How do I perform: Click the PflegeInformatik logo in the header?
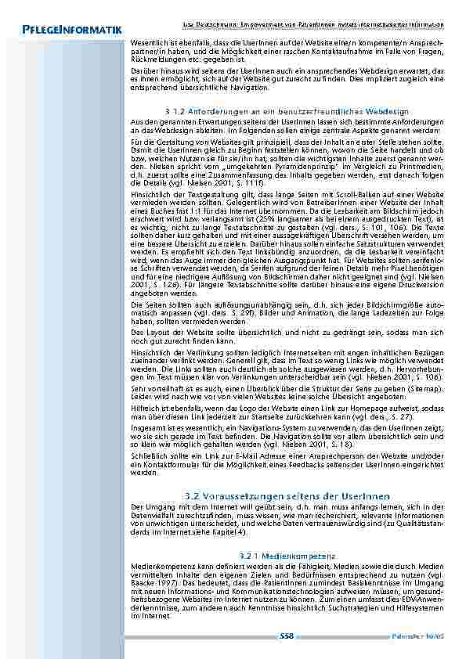point(67,30)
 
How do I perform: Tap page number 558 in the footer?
point(287,636)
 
